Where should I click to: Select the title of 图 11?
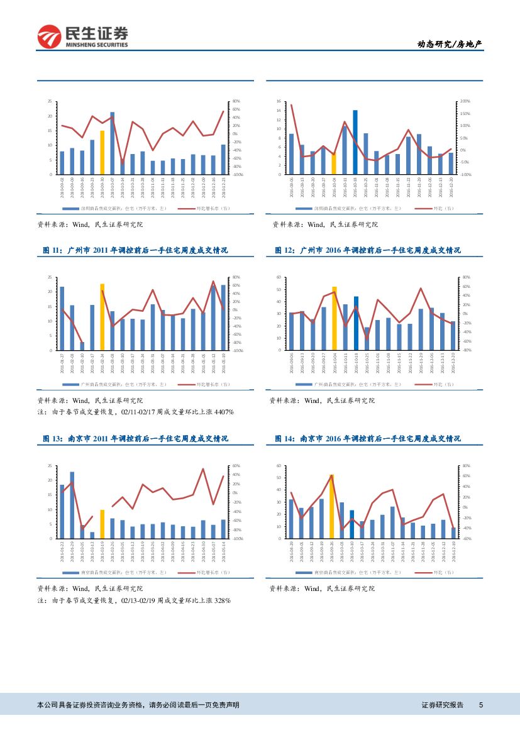click(x=135, y=250)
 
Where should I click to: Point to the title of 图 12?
click(x=368, y=250)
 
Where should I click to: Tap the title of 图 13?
click(x=135, y=438)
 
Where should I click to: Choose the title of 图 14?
click(x=368, y=438)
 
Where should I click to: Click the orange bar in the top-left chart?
click(x=102, y=153)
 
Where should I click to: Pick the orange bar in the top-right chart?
click(x=334, y=164)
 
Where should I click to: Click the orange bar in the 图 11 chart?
click(x=102, y=317)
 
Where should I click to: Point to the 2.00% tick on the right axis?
click(x=465, y=101)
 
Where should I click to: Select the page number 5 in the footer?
click(x=481, y=705)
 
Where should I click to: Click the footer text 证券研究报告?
click(x=442, y=705)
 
